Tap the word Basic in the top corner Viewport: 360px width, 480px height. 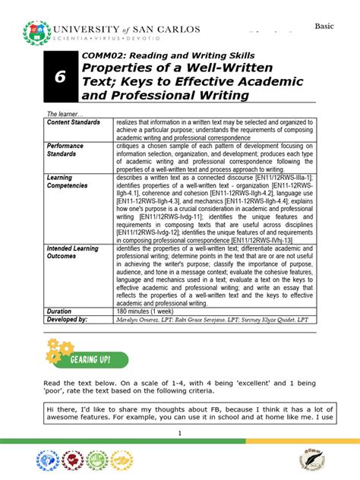[x=325, y=26]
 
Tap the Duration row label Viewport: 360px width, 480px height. [x=59, y=311]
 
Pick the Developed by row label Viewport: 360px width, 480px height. [x=68, y=320]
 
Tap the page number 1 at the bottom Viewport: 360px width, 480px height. [x=180, y=432]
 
